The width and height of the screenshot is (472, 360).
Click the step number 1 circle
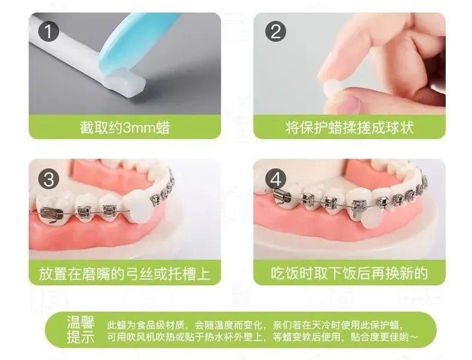pyautogui.click(x=48, y=31)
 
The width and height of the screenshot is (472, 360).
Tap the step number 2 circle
pyautogui.click(x=275, y=31)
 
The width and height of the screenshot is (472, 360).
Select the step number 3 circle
pyautogui.click(x=48, y=179)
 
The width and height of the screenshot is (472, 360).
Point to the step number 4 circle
pyautogui.click(x=275, y=179)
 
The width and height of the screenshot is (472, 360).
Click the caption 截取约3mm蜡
pyautogui.click(x=125, y=128)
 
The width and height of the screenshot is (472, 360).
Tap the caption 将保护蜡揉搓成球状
pyautogui.click(x=350, y=128)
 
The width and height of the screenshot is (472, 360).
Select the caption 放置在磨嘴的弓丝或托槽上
pyautogui.click(x=125, y=273)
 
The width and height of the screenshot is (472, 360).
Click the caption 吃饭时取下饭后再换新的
pyautogui.click(x=349, y=273)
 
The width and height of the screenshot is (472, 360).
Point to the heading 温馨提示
pyautogui.click(x=81, y=330)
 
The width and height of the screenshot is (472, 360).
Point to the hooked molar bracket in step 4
pyautogui.click(x=281, y=196)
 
